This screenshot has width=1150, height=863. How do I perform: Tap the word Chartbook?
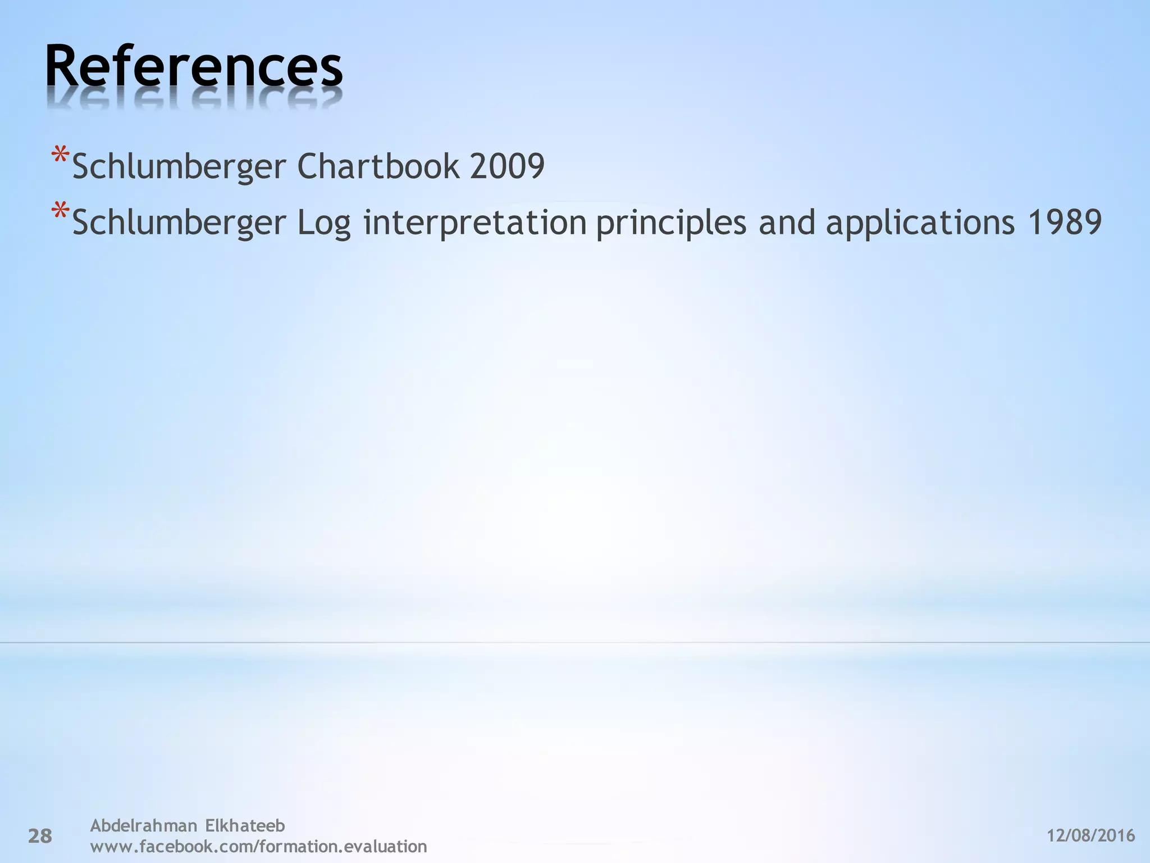click(377, 166)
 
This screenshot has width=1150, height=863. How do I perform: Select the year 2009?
click(507, 166)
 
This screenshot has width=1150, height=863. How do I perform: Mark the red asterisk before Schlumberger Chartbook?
click(60, 156)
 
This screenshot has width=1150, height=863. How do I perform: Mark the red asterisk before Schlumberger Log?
click(60, 212)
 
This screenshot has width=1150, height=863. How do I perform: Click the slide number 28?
click(40, 836)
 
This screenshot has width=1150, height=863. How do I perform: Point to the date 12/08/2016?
click(1091, 835)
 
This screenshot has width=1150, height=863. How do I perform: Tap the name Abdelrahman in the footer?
click(144, 825)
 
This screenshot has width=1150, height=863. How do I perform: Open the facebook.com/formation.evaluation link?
click(258, 846)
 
